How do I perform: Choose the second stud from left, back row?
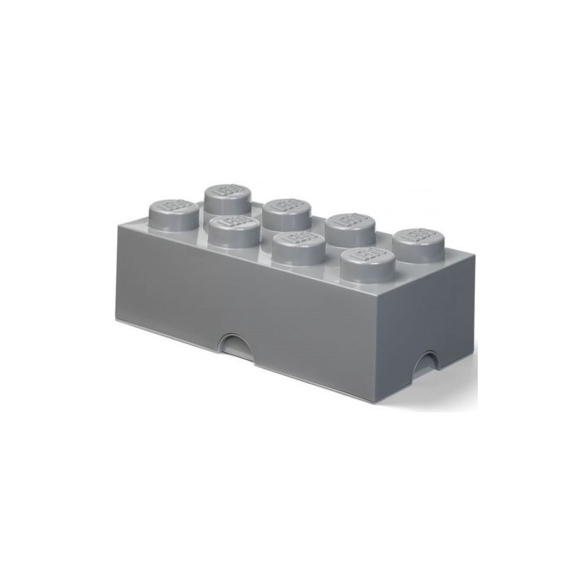coord(286,210)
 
